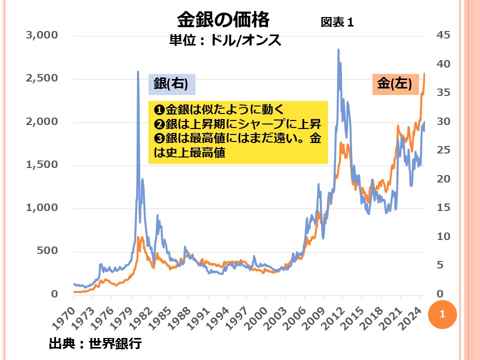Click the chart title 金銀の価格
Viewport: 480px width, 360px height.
point(223,20)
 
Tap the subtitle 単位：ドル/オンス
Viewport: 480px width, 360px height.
point(225,40)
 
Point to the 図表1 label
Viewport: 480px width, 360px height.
point(337,22)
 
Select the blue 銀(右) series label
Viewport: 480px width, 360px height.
point(171,84)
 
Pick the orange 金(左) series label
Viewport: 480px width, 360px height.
point(394,83)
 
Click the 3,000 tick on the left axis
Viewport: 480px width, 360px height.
point(42,35)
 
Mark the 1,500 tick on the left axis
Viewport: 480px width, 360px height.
point(42,164)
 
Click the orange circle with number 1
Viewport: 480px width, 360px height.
point(441,314)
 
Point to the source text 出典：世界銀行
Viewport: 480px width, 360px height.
point(95,344)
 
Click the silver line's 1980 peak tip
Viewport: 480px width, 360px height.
point(138,71)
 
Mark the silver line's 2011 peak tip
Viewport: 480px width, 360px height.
point(338,49)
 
